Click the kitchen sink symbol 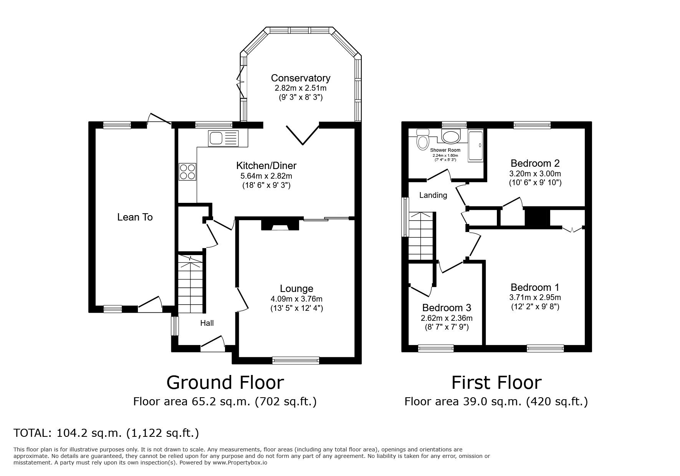tap(223, 138)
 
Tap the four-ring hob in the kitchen tap(188, 171)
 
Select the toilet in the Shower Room tap(423, 139)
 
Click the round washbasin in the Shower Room tap(451, 136)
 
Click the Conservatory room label tap(301, 78)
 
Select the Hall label tap(207, 323)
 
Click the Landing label tap(433, 195)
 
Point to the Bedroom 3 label tap(447, 308)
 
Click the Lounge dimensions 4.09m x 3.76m tap(296, 299)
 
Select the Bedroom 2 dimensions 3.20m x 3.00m tap(535, 173)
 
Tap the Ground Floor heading tap(225, 382)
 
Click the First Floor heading tap(496, 382)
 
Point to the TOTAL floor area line tap(106, 433)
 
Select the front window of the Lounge tap(296, 360)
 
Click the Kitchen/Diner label tap(266, 166)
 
